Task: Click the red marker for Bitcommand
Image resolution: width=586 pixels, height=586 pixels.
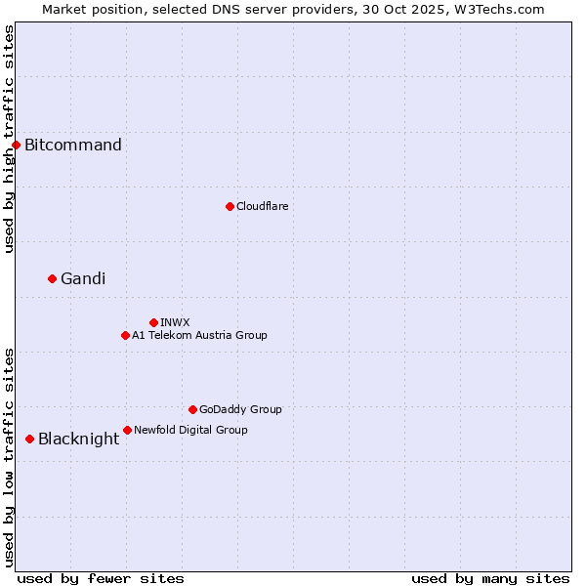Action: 16,146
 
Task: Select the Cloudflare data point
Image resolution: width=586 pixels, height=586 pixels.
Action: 230,206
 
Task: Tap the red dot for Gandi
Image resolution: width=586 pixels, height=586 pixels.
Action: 52,278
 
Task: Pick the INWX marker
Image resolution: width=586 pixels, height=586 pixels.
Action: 153,322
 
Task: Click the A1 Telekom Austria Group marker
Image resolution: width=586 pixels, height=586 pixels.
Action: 125,335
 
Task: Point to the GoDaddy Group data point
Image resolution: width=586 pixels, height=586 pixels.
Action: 192,409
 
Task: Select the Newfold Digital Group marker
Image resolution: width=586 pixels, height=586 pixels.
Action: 127,430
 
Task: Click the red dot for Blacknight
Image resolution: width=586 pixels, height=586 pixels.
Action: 29,439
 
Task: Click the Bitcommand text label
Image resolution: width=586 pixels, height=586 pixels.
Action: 73,146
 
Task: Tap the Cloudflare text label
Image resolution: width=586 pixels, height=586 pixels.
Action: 263,206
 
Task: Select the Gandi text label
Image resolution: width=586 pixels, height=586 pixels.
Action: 83,278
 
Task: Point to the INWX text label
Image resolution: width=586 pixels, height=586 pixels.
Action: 175,322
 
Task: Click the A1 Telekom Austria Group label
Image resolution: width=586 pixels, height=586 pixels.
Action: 199,335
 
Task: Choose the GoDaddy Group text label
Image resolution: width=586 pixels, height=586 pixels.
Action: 240,409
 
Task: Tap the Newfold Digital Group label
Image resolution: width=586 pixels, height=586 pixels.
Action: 190,430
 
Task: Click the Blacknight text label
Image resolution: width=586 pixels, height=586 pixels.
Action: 78,439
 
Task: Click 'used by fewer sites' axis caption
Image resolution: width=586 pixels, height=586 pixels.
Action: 101,578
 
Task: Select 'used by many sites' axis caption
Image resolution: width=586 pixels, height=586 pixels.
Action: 490,578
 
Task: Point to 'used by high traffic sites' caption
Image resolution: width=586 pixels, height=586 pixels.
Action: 9,139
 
